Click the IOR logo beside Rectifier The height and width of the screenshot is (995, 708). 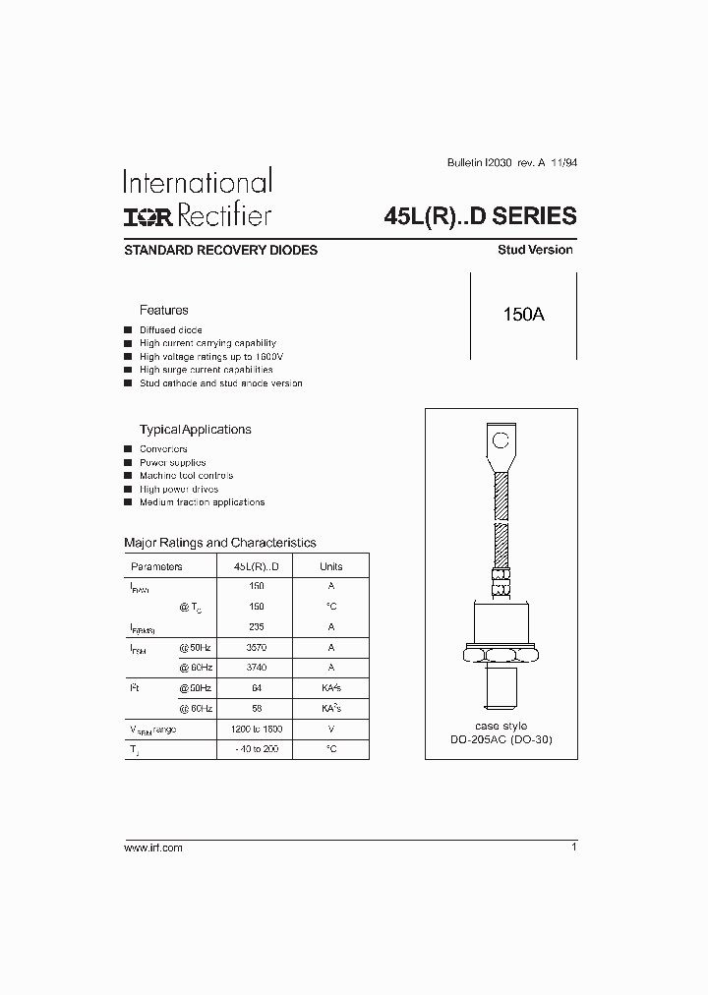point(144,216)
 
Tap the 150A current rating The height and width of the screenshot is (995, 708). point(523,315)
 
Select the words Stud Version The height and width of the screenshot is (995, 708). point(535,250)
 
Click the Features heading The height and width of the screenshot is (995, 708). point(163,310)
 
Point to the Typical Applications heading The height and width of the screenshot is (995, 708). point(195,430)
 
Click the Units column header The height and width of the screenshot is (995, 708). point(331,566)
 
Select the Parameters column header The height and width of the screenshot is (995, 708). point(156,566)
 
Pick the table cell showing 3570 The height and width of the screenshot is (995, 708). point(257,648)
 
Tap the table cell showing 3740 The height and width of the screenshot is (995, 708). point(257,668)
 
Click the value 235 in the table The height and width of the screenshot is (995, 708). point(257,626)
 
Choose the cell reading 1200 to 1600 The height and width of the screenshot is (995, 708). point(257,730)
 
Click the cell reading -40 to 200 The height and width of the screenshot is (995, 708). point(257,749)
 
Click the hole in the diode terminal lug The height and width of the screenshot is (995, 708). point(501,439)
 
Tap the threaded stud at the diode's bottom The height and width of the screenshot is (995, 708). point(501,684)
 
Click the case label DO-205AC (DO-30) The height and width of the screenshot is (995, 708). point(501,738)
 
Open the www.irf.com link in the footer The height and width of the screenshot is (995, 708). point(153,848)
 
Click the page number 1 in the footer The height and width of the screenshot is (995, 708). point(573,847)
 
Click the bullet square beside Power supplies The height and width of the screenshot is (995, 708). point(128,462)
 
